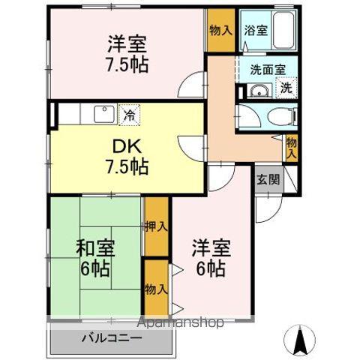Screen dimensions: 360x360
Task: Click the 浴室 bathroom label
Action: point(256,31)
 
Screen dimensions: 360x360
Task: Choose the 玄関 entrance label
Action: point(268,179)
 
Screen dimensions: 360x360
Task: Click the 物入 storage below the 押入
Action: point(155,289)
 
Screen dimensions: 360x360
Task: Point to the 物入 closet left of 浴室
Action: point(220,31)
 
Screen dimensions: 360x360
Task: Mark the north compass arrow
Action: point(301,341)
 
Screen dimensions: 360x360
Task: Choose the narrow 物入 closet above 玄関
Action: point(292,147)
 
